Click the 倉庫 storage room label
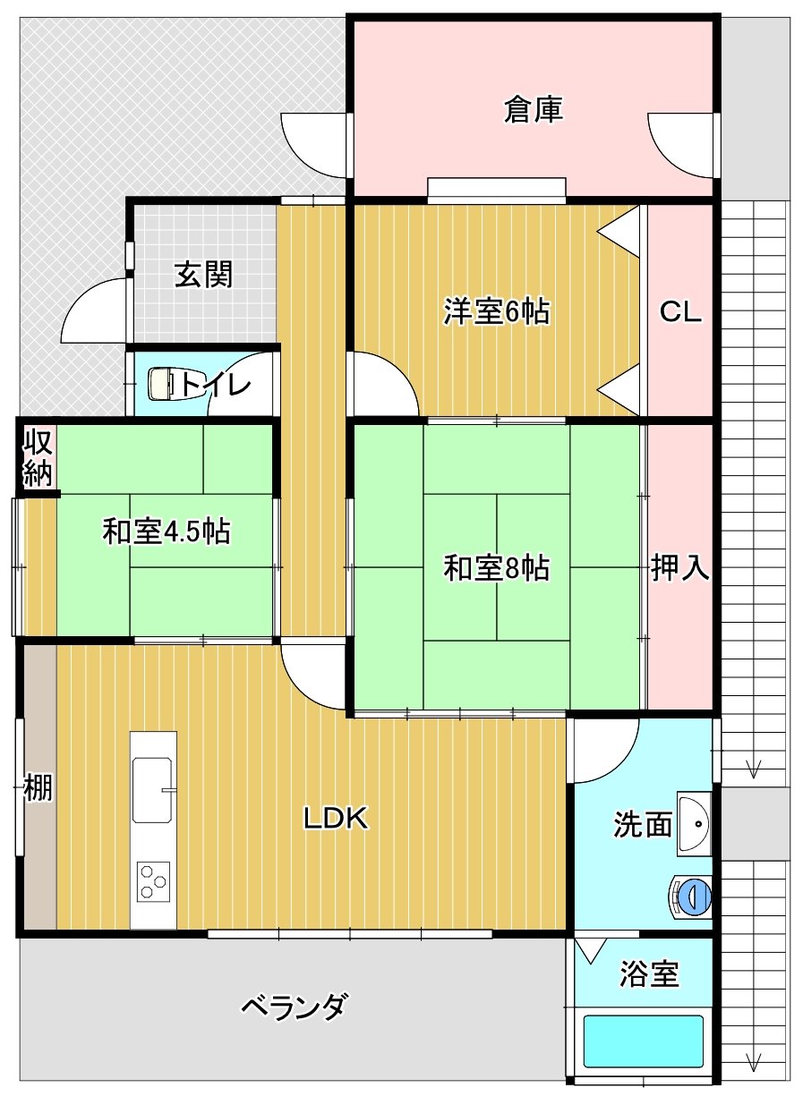pos(533,109)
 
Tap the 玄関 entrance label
pos(203,275)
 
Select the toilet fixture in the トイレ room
pos(163,383)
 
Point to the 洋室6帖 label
pos(497,311)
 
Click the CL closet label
pos(680,311)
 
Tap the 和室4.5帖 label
pos(167,531)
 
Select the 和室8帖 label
pos(497,568)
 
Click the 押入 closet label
pos(680,567)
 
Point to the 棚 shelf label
pos(38,787)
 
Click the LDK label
pos(336,819)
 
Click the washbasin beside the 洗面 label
pos(695,823)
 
